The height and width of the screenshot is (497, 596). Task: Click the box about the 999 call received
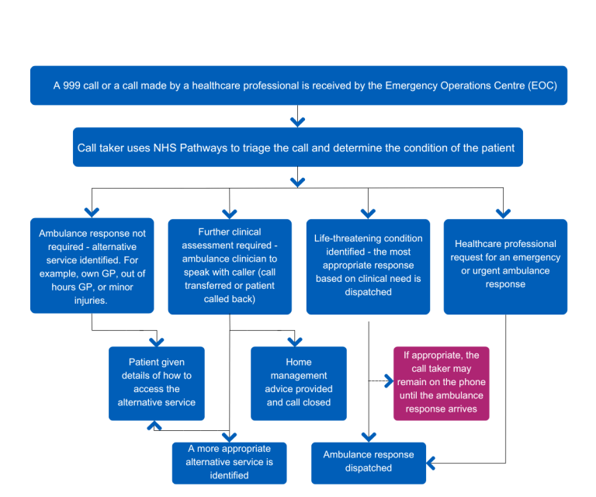[x=298, y=85]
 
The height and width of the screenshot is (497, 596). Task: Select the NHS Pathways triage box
[x=298, y=148]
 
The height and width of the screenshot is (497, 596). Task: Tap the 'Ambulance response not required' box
[x=92, y=266]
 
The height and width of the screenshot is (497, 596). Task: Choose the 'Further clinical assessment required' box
[x=230, y=266]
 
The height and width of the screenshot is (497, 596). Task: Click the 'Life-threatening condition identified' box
[x=368, y=266]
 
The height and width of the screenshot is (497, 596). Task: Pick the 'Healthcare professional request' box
[x=505, y=266]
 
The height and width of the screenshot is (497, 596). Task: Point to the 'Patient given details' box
[x=156, y=382]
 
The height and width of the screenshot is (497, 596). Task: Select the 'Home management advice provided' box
[x=298, y=382]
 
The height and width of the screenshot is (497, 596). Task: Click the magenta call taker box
[x=441, y=382]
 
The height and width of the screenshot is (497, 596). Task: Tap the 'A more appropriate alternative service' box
[x=229, y=462]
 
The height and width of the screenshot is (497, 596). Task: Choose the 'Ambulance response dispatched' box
[x=369, y=461]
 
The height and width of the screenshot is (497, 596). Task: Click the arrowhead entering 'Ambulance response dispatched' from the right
[x=431, y=464]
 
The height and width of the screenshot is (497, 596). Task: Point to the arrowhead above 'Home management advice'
[x=293, y=341]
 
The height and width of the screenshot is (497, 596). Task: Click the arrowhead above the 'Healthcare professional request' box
[x=504, y=212]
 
